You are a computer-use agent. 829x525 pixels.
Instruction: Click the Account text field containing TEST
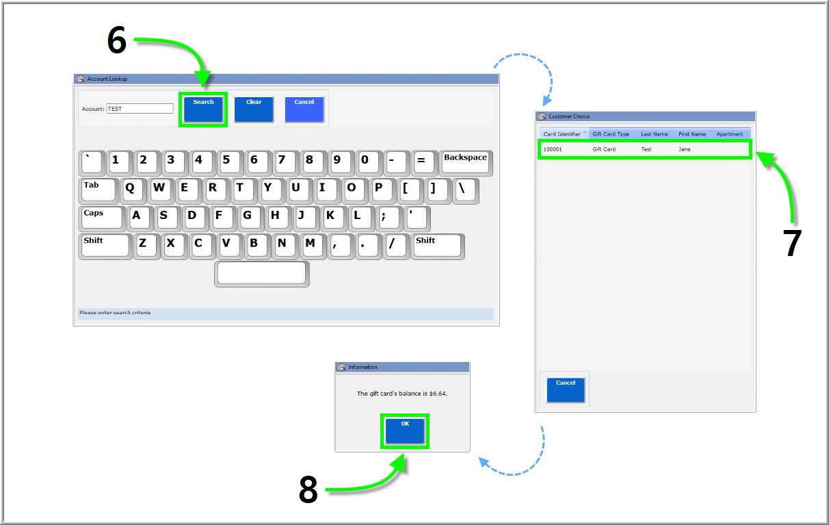point(140,109)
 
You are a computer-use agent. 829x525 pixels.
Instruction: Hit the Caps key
point(101,218)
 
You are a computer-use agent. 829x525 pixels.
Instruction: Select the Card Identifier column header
point(562,134)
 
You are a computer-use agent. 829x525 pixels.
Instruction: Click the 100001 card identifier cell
point(553,149)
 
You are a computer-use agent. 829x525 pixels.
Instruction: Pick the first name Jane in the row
point(685,149)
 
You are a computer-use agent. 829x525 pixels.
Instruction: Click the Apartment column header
point(729,134)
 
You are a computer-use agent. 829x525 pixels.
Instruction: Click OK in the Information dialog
point(405,431)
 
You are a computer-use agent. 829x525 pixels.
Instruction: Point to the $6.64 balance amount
point(438,394)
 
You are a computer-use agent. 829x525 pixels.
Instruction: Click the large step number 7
point(791,243)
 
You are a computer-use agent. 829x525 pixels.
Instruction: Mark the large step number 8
point(308,489)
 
